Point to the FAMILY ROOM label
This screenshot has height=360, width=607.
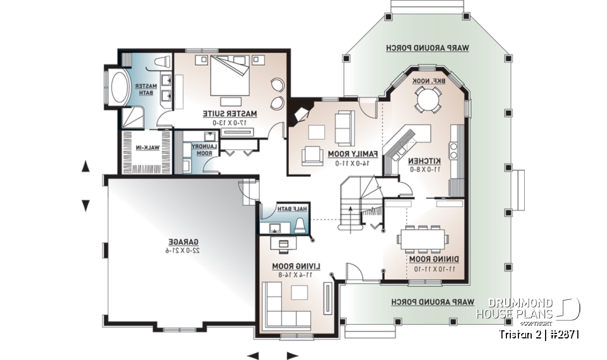coord(353,154)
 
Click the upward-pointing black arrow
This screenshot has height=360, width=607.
coord(86,166)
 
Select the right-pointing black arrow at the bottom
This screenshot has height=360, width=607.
coord(291,355)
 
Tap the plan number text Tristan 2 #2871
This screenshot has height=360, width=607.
coord(539,333)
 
